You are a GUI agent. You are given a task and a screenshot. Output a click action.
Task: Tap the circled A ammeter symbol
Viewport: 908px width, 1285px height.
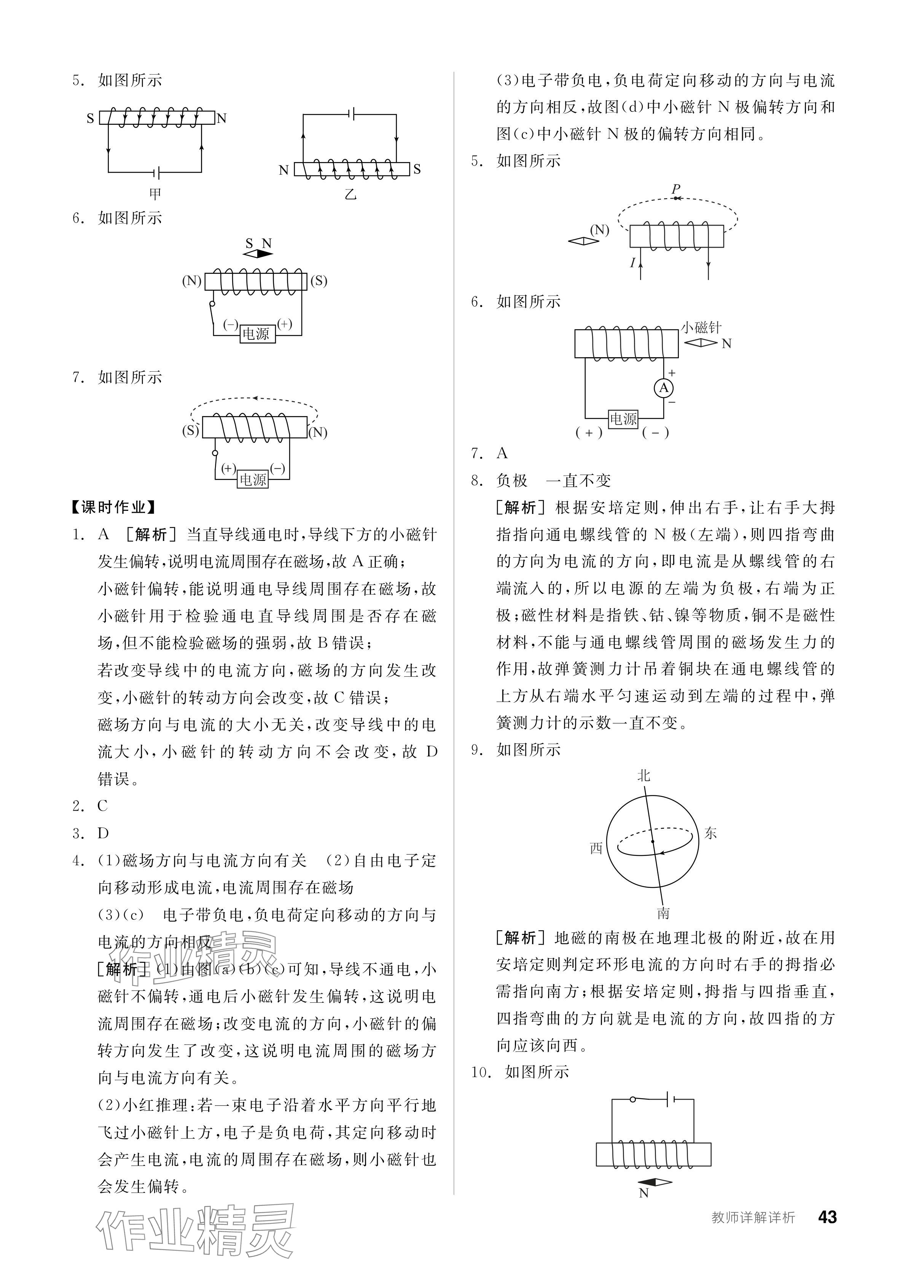tap(663, 388)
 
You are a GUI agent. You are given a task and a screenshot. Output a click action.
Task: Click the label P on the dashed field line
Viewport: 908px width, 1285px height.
tap(676, 189)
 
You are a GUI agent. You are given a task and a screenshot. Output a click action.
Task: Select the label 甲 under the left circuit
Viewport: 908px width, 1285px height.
tap(155, 194)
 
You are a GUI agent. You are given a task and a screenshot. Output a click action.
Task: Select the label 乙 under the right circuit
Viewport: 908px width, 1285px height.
tap(350, 194)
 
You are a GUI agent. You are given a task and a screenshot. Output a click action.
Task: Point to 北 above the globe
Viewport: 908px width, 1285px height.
tap(644, 775)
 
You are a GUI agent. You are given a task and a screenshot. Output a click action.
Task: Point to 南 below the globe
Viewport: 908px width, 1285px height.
tap(663, 913)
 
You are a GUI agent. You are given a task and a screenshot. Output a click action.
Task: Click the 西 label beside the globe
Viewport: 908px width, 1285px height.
tap(596, 848)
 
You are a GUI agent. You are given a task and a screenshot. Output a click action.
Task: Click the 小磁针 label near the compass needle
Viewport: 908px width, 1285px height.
tap(701, 328)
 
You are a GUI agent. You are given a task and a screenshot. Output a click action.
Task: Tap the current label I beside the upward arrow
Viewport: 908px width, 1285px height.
tap(632, 262)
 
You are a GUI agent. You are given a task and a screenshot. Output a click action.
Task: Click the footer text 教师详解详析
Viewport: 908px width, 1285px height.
tap(753, 1217)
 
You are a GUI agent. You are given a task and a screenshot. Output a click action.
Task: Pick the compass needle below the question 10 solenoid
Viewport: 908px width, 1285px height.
tap(655, 1183)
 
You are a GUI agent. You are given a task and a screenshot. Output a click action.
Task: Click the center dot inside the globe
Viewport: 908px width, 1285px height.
tap(652, 841)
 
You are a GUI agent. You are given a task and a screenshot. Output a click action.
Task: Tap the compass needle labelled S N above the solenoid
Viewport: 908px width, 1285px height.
tap(258, 253)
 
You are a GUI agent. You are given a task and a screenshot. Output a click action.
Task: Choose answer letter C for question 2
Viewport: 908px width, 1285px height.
tap(102, 806)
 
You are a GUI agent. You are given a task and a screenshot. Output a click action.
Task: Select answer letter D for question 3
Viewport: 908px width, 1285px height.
tap(103, 833)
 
